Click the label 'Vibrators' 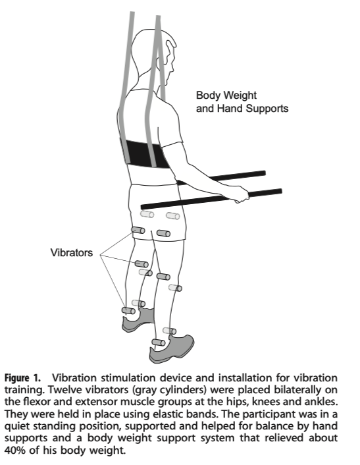(x=71, y=253)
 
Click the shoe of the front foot (x=171, y=349)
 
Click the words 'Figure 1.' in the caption (x=22, y=378)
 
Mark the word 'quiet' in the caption (x=17, y=426)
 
